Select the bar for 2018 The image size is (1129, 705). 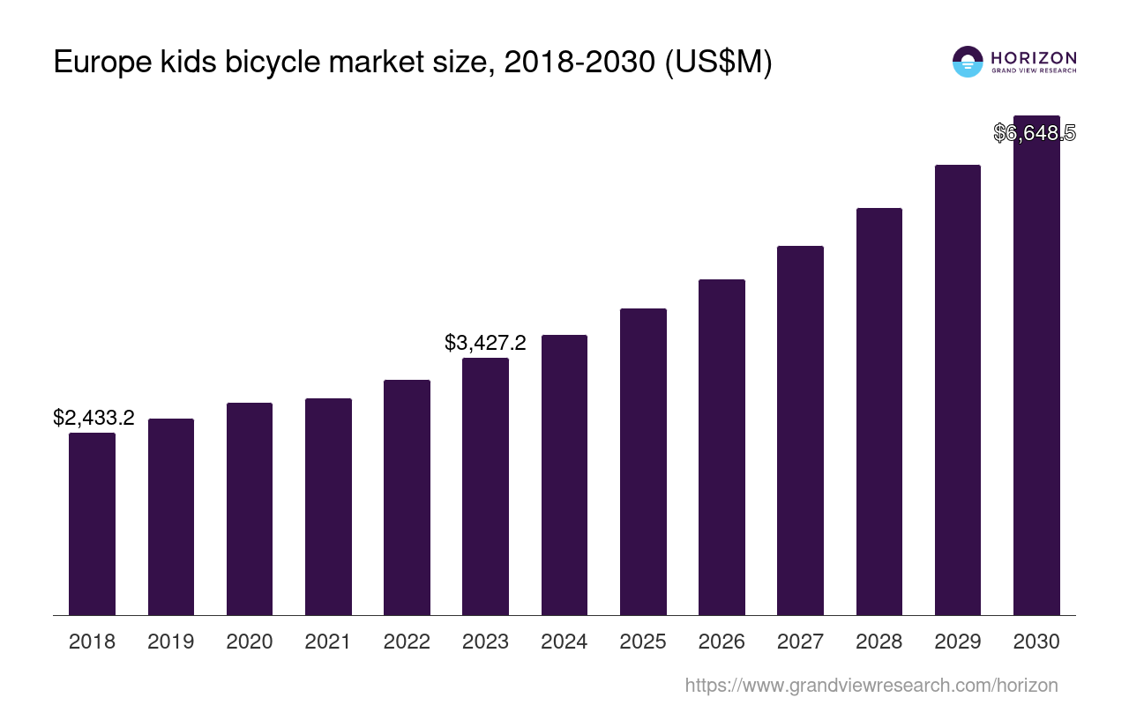coord(92,523)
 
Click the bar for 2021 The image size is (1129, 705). coord(328,507)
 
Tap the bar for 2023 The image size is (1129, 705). coord(485,486)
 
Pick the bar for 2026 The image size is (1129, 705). coord(722,447)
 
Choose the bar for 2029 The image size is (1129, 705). coord(958,390)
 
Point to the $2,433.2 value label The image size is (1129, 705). coord(93,418)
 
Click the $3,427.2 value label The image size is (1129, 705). coord(485,343)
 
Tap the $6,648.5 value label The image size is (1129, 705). coord(1034,133)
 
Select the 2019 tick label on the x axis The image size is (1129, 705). coord(170,642)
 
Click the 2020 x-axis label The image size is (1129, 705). coord(250,642)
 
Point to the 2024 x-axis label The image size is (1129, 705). coord(564,642)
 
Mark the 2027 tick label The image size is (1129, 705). coord(800,642)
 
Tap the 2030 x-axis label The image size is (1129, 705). coord(1036,642)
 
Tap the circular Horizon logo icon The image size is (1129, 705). coord(968,62)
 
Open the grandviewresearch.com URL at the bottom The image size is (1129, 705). coord(871,685)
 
